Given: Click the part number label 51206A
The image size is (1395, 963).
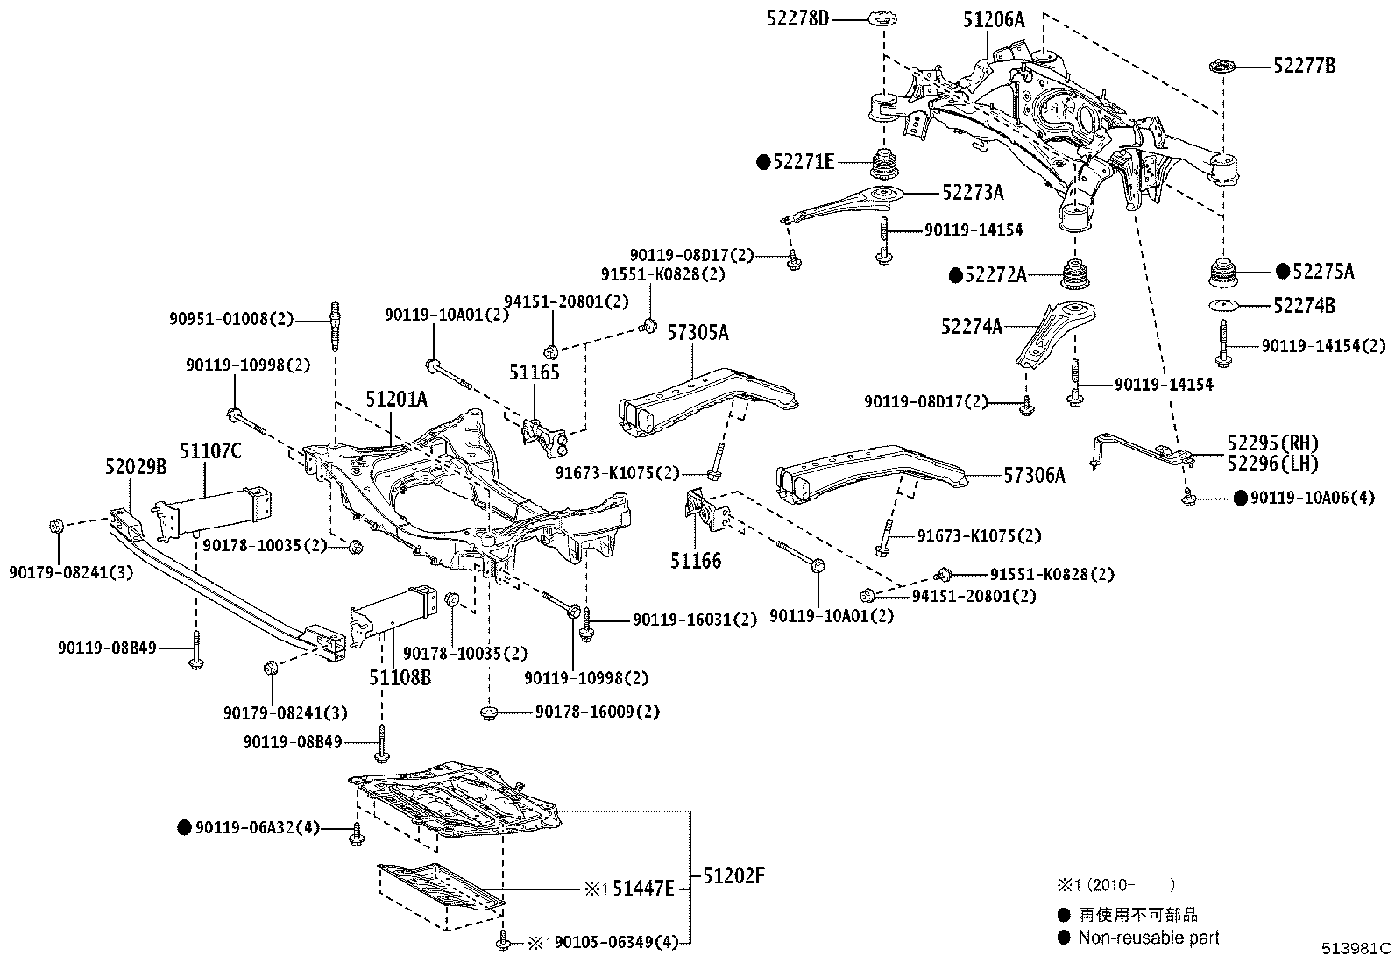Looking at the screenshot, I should tap(993, 19).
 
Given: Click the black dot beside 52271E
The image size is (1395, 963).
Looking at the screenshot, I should tap(763, 161).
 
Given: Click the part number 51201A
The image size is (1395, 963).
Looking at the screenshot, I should tap(396, 400).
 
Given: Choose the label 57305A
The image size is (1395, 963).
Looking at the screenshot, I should tap(697, 333).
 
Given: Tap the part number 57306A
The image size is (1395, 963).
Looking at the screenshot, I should tap(1035, 475).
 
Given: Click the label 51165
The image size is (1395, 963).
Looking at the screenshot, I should tap(534, 372).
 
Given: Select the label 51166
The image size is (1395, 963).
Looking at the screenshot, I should tap(696, 560).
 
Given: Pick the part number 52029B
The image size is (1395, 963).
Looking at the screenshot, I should tap(136, 467).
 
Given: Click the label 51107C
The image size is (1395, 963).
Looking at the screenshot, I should tap(210, 450).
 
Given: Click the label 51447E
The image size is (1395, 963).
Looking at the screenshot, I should tap(642, 889).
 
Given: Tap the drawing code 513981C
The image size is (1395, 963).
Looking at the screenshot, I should tap(1356, 948).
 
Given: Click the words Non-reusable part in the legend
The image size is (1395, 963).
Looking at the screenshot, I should tap(1149, 938).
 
